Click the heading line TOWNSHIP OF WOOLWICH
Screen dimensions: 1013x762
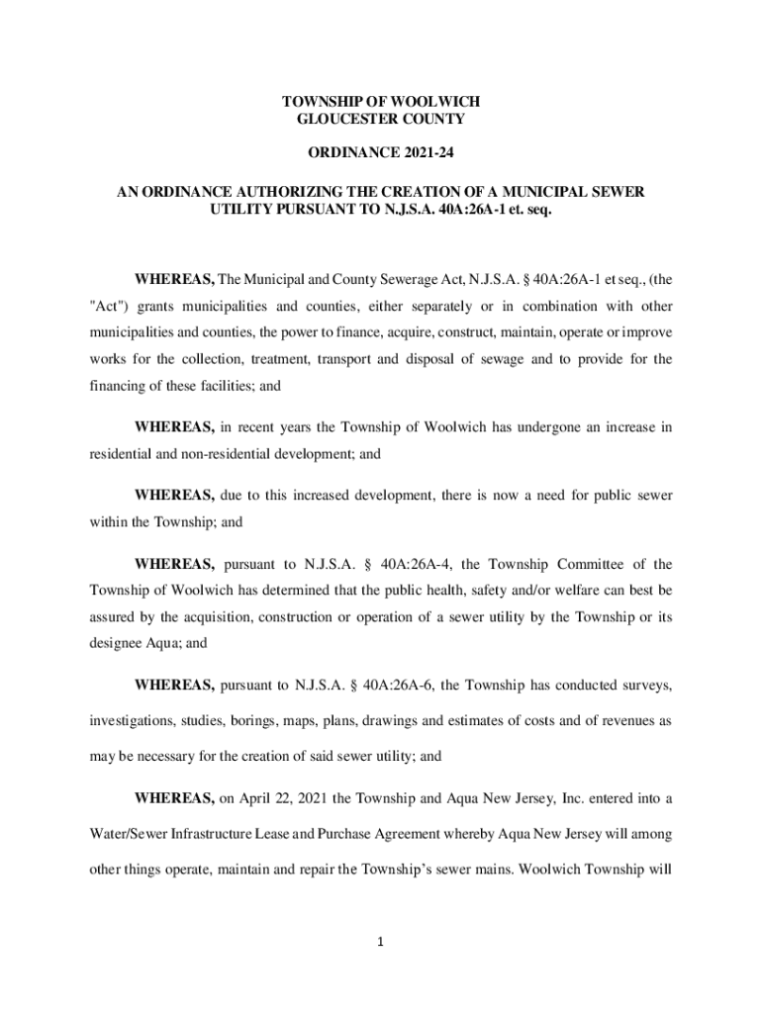coord(381,103)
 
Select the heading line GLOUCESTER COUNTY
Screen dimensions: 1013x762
coord(381,120)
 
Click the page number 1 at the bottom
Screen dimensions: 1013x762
coord(380,942)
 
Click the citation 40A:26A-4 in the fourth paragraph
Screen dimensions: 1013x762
coord(407,565)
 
